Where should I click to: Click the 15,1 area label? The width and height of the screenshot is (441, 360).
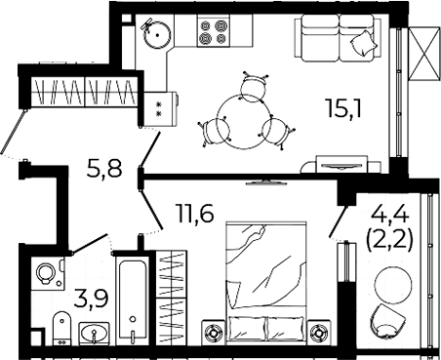coord(344,108)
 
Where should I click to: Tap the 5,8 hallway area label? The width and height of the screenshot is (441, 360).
coord(104,168)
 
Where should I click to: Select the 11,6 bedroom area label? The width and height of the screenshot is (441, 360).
coord(194,213)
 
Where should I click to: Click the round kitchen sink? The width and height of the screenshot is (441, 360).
coord(157,34)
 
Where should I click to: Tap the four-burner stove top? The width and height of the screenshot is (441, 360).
coord(213,31)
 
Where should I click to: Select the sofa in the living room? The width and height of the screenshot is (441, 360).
coord(338,38)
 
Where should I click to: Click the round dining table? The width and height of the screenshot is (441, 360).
coord(244,122)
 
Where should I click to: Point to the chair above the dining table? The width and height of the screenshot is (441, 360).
coord(255,87)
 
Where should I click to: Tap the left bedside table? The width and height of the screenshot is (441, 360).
coord(214,333)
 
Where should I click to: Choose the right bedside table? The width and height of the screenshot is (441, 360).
coord(319,333)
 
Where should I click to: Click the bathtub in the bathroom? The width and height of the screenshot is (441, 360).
coord(132,300)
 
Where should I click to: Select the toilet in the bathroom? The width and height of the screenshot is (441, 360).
coord(61,328)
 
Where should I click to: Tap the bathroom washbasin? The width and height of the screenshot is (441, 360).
coord(94,333)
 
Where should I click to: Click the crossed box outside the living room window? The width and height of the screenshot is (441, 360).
coord(424,53)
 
